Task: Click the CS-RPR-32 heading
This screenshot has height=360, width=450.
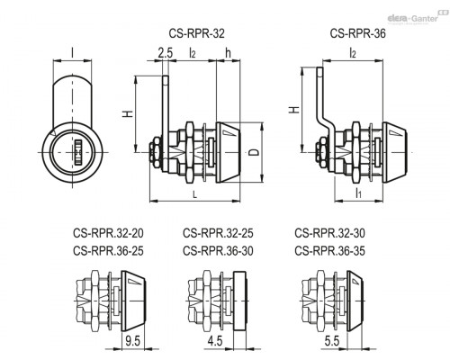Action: click(x=196, y=33)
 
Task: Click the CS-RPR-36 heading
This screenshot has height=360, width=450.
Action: click(x=358, y=33)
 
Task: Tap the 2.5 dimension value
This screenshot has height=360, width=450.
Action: click(x=166, y=53)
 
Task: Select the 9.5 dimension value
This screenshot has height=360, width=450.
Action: click(x=133, y=341)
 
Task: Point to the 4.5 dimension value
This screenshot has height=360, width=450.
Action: click(x=215, y=341)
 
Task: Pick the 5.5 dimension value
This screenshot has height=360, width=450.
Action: click(x=332, y=341)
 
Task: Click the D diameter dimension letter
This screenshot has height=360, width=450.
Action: click(x=255, y=152)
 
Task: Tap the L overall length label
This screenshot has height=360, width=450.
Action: click(x=194, y=195)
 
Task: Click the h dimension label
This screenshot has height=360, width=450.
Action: click(x=228, y=53)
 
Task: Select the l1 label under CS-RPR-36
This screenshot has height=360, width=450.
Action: click(x=358, y=193)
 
